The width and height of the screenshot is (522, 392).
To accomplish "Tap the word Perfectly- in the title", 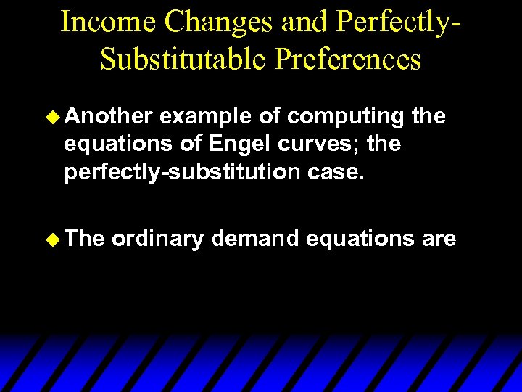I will (397, 22).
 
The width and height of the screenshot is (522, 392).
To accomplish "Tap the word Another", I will (108, 116).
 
